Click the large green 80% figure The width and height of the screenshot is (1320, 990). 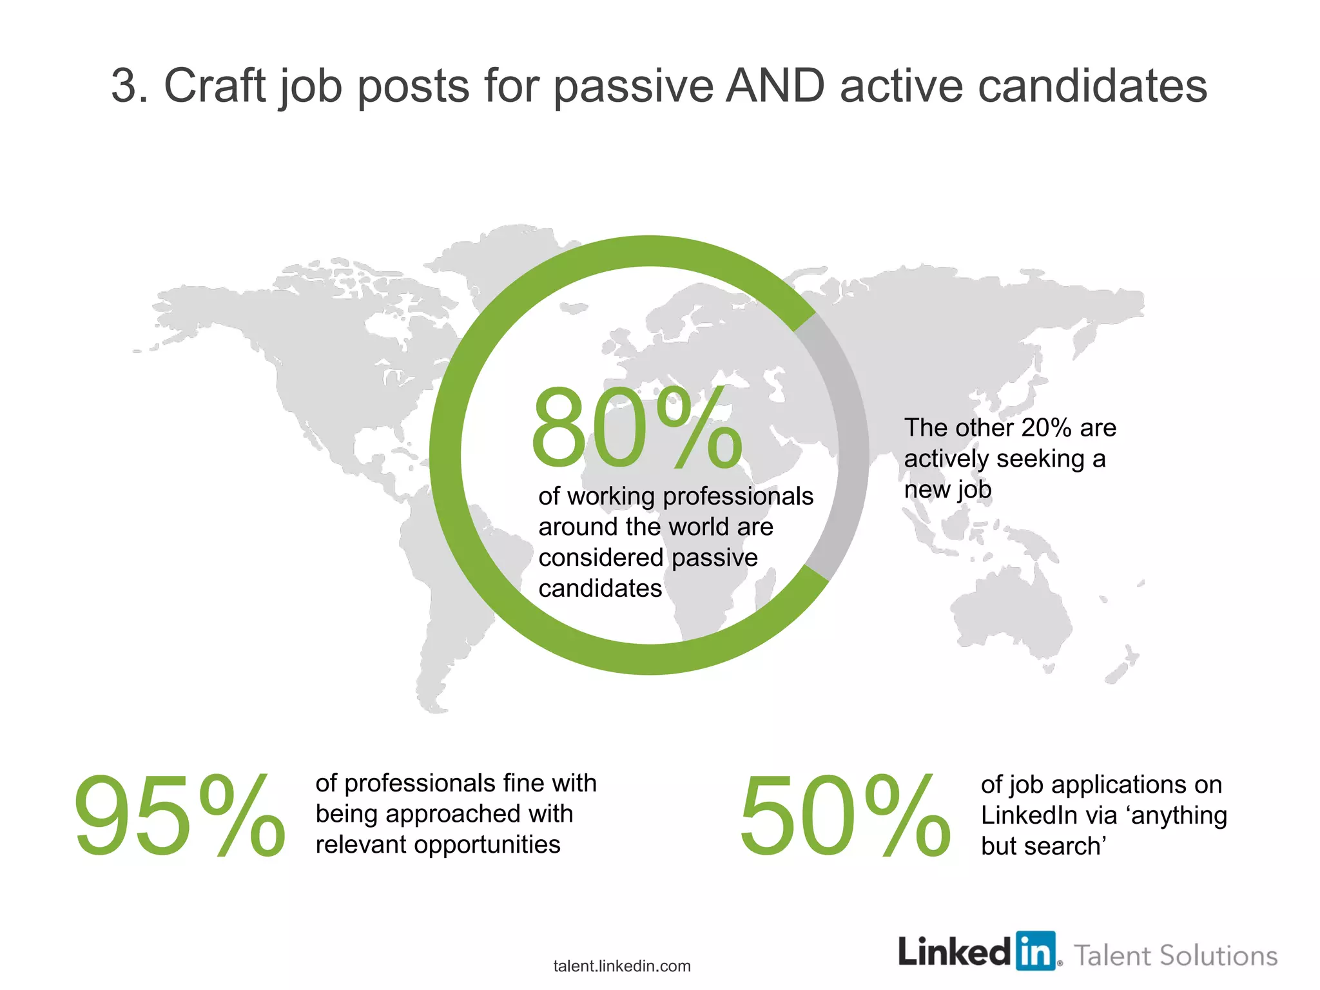point(637,429)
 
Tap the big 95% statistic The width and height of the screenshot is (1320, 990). point(179,817)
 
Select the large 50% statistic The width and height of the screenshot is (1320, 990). point(844,817)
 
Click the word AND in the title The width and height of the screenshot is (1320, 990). point(775,86)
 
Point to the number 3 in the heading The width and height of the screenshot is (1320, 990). point(124,86)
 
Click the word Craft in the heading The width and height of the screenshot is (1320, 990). point(215,86)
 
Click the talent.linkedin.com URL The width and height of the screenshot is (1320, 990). point(622,966)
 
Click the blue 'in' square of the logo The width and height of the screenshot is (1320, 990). point(1036,951)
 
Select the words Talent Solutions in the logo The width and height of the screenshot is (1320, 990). point(1176,956)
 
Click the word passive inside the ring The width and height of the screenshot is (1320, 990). point(716,558)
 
